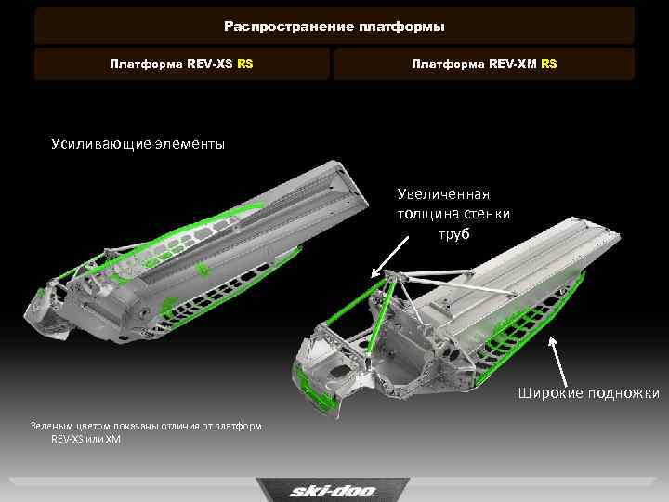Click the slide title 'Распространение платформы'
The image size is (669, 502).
pos(334,26)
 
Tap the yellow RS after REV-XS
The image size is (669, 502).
pos(245,64)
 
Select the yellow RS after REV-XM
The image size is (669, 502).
pos(549,64)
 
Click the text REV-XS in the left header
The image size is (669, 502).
pos(209,64)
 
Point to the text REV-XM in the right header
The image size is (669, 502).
pos(512,64)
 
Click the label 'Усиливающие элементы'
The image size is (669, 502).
pos(138,144)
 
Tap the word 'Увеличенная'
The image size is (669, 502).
pos(443,194)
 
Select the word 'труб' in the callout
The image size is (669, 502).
pos(454,234)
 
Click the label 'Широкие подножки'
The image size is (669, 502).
pos(589,393)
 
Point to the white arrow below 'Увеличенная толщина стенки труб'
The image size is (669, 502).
pos(389,258)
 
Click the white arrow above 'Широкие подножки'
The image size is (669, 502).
pos(558,362)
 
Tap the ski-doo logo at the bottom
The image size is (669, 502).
pos(333,491)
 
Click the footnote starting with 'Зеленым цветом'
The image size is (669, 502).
pos(146,432)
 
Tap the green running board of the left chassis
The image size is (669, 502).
pos(230,290)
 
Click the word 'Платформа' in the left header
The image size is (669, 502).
pos(146,64)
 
